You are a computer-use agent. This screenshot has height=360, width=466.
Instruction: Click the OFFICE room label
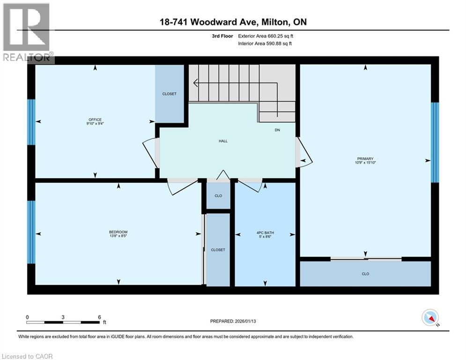(x=95, y=120)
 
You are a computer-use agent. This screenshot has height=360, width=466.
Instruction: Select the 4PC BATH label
(x=266, y=232)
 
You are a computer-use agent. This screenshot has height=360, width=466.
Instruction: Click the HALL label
(x=223, y=141)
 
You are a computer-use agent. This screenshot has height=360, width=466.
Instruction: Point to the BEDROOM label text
(x=118, y=232)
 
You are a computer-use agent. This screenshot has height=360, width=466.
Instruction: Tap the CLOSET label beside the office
(x=170, y=94)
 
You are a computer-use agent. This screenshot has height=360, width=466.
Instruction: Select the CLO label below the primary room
(x=365, y=274)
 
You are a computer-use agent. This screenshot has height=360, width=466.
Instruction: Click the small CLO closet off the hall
(x=218, y=196)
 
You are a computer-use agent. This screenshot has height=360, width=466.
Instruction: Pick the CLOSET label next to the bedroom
(x=218, y=250)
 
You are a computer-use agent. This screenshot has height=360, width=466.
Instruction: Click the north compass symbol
(x=429, y=318)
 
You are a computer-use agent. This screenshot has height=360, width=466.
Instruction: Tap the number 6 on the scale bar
(x=99, y=317)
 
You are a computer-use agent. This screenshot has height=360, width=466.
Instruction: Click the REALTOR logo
(x=27, y=33)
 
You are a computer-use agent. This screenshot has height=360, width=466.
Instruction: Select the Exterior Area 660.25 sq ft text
(x=266, y=36)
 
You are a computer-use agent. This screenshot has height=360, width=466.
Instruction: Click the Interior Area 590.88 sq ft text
(x=266, y=44)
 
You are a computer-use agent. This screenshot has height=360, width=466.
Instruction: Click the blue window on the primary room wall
(x=435, y=142)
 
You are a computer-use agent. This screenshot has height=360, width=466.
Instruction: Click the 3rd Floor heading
(x=223, y=36)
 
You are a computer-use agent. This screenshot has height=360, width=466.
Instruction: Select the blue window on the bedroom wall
(x=31, y=232)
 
